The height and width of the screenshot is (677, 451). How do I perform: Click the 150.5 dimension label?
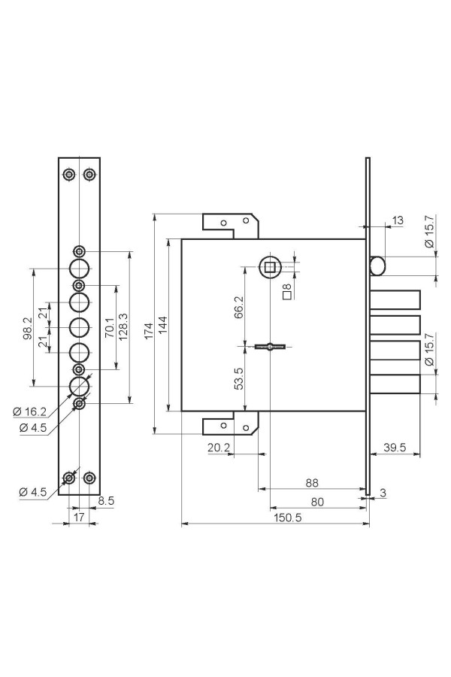287,518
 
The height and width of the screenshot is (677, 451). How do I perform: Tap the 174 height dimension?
149,331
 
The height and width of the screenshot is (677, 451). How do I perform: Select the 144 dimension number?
162,325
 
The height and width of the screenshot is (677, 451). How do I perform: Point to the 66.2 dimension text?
239,307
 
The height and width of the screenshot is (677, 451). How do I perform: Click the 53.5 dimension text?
239,378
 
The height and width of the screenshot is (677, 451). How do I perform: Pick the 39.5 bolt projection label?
395,448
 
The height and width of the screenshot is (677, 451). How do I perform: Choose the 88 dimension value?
312,483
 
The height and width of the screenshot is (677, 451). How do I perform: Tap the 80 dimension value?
317,502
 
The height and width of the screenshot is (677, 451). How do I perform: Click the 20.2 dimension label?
219,448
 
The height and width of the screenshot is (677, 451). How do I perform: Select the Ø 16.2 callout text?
29,411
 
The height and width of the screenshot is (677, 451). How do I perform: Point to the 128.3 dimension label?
123,327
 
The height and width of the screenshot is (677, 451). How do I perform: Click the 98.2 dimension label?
27,328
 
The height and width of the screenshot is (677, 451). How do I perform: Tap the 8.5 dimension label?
106,501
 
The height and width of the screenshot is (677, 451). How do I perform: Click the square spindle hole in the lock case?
271,267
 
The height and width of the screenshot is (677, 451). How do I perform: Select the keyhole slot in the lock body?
270,346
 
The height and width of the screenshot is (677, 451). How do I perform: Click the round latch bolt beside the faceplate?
377,266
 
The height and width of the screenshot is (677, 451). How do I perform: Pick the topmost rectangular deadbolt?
395,300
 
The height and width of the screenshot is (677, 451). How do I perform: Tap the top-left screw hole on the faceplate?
69,175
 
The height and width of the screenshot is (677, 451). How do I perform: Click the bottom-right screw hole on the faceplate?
89,478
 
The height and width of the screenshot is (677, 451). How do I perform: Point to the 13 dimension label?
397,220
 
